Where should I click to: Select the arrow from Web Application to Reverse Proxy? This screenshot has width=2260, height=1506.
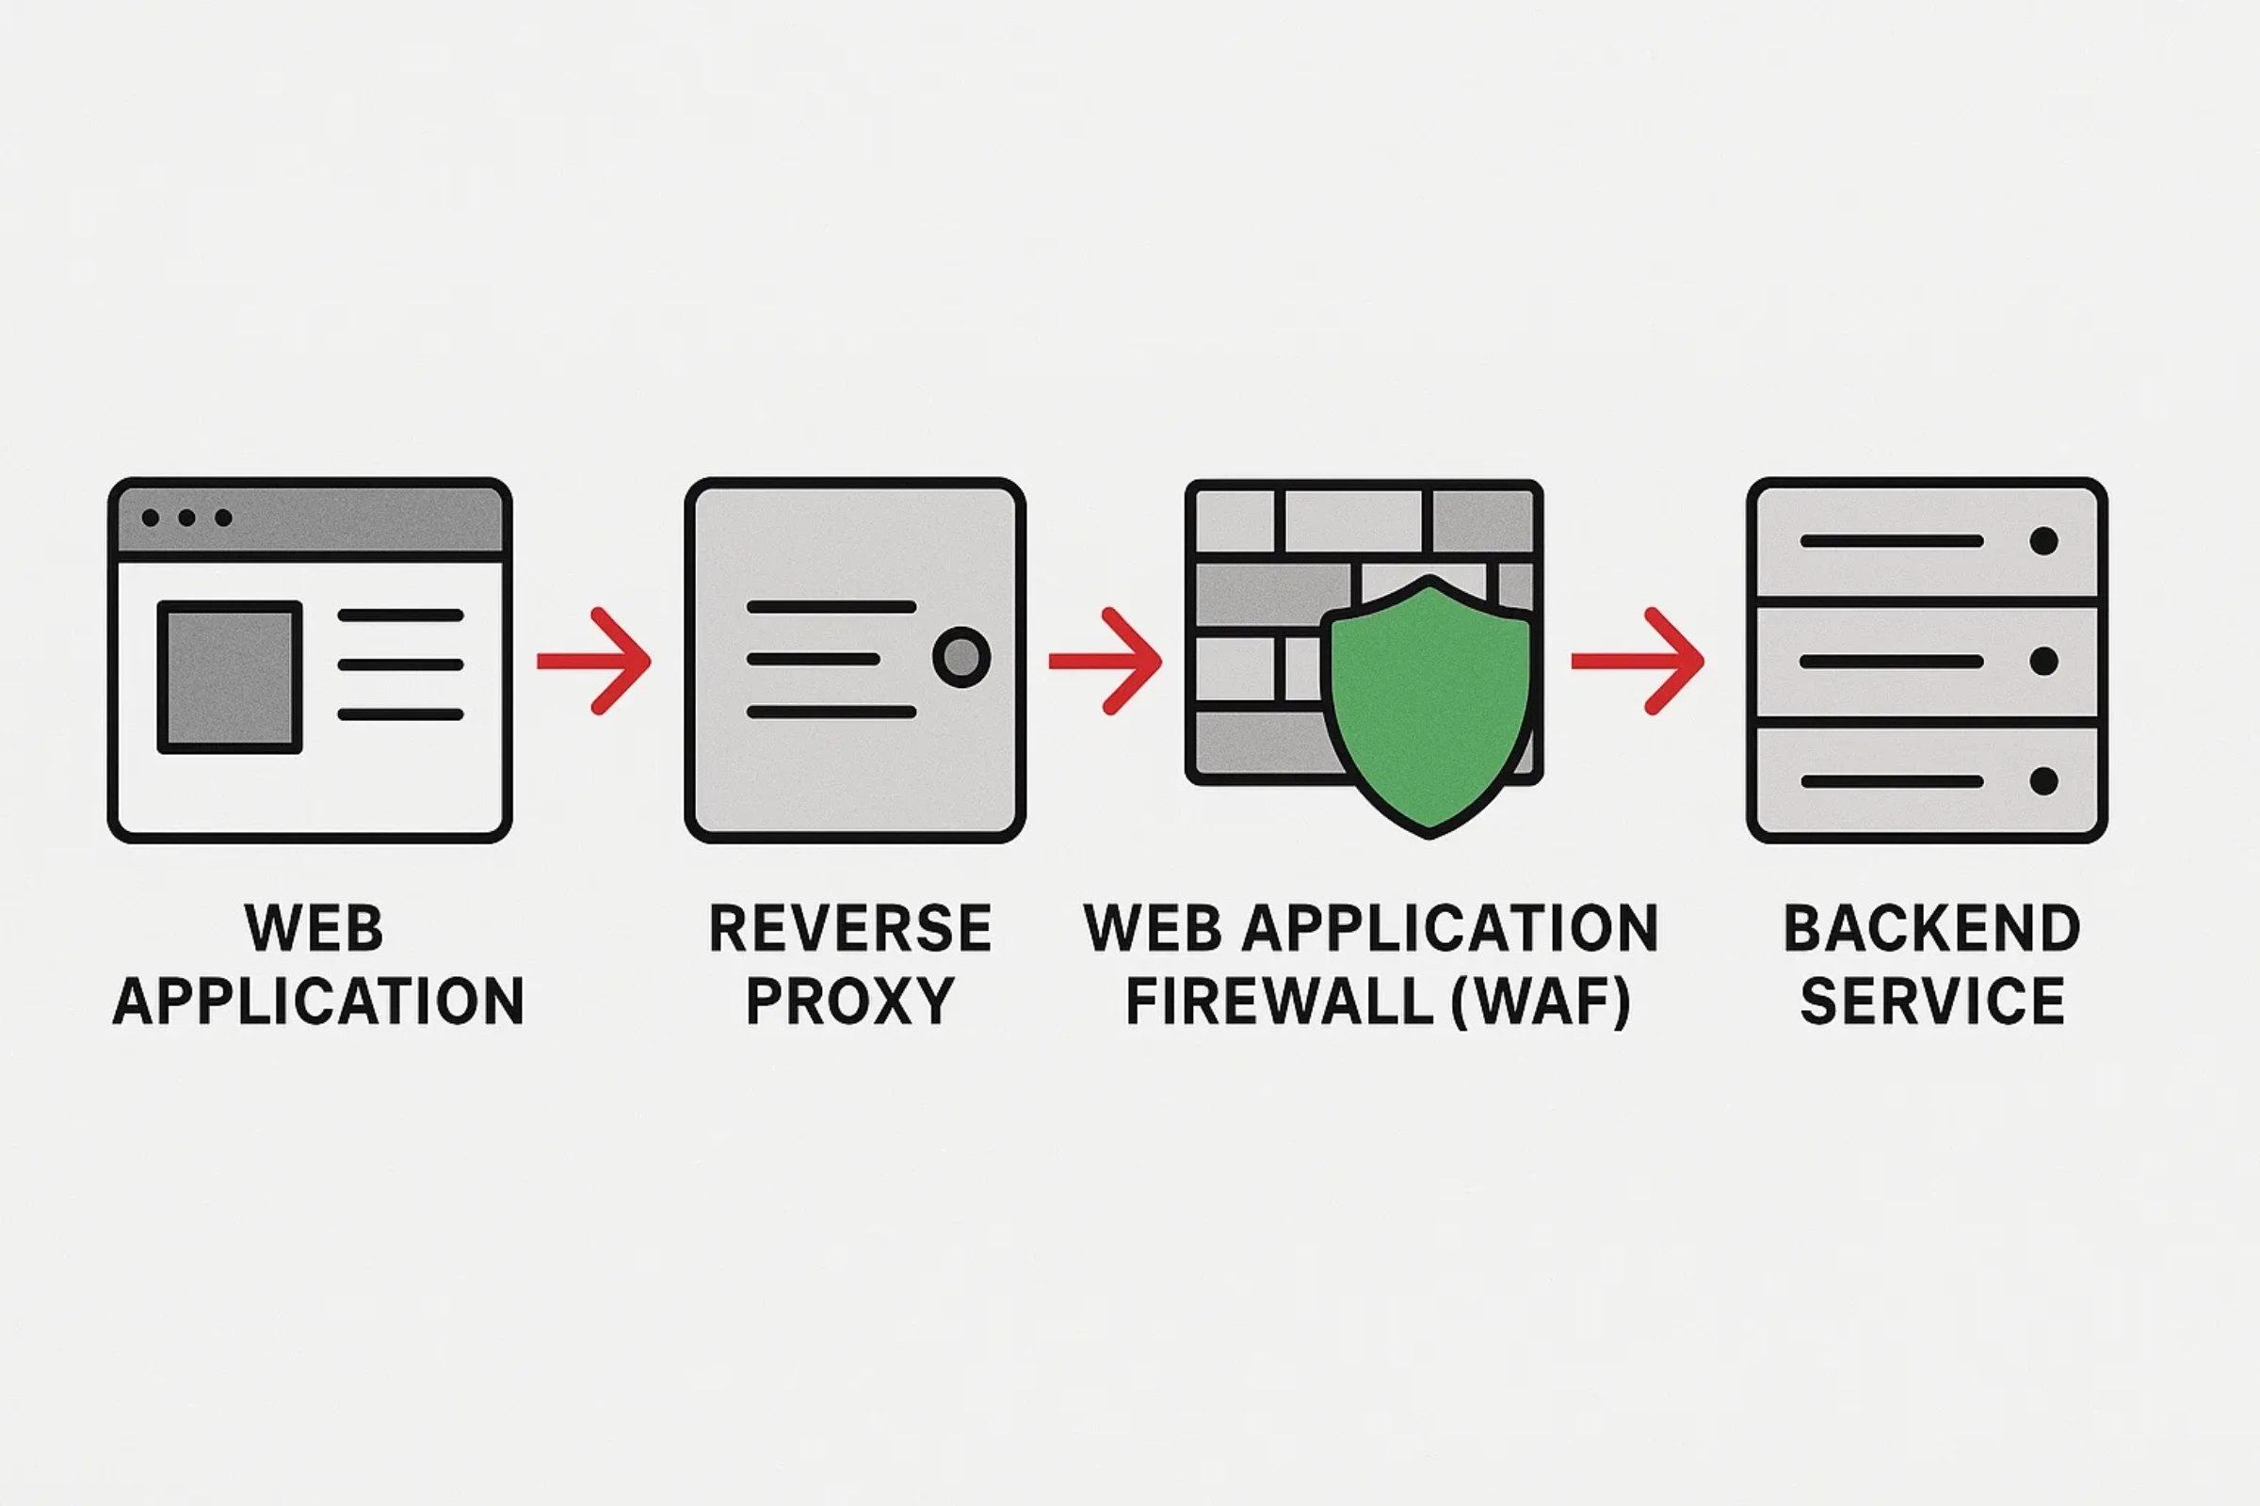pyautogui.click(x=596, y=661)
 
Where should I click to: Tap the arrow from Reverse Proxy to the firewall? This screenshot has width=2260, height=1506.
pyautogui.click(x=1107, y=661)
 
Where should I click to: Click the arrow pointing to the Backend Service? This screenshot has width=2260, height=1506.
pyautogui.click(x=1639, y=661)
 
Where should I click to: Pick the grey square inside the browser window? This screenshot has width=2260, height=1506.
pyautogui.click(x=230, y=677)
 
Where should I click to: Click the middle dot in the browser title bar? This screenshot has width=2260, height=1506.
pyautogui.click(x=186, y=518)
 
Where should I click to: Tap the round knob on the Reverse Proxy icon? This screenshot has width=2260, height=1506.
pyautogui.click(x=960, y=658)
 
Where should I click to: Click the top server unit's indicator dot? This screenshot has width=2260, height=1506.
pyautogui.click(x=2043, y=540)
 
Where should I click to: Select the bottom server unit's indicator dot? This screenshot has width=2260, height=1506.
pyautogui.click(x=2043, y=781)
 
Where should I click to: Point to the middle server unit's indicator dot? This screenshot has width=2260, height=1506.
pyautogui.click(x=2043, y=661)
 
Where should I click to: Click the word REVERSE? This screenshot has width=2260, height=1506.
pyautogui.click(x=850, y=929)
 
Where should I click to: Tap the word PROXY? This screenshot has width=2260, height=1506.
pyautogui.click(x=850, y=1001)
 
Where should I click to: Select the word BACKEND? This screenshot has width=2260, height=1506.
pyautogui.click(x=1932, y=929)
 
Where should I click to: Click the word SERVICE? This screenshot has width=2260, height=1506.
pyautogui.click(x=1932, y=1001)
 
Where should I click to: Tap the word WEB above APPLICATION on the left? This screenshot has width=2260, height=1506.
pyautogui.click(x=315, y=929)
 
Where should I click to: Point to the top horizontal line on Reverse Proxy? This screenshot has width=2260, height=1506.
pyautogui.click(x=831, y=607)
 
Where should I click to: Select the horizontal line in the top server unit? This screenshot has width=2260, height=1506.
pyautogui.click(x=1892, y=540)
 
